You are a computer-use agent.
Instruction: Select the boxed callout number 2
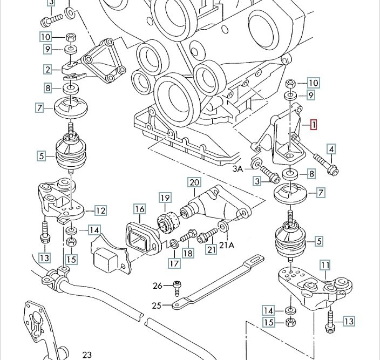pyautogui.click(x=49, y=70)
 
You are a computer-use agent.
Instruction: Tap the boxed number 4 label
pyautogui.click(x=331, y=150)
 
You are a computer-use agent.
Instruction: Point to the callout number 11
pyautogui.click(x=324, y=265)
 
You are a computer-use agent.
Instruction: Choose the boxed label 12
pyautogui.click(x=100, y=210)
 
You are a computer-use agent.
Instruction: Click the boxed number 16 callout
pyautogui.click(x=140, y=209)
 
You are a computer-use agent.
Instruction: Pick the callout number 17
pyautogui.click(x=174, y=263)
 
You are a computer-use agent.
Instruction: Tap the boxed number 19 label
pyautogui.click(x=165, y=198)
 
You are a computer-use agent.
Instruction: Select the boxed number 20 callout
pyautogui.click(x=194, y=182)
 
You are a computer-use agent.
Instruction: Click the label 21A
pyautogui.click(x=227, y=244)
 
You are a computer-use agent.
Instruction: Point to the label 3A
pyautogui.click(x=238, y=169)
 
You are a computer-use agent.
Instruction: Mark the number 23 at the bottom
pyautogui.click(x=87, y=355)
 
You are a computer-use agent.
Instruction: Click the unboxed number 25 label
pyautogui.click(x=157, y=305)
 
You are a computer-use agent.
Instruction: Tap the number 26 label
pyautogui.click(x=157, y=285)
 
